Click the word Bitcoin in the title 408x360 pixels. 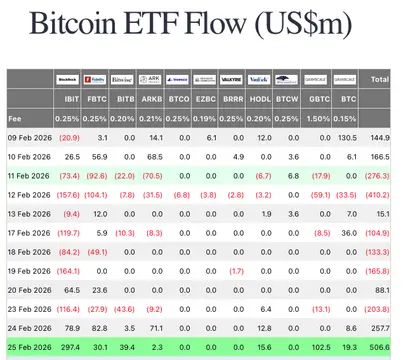79,23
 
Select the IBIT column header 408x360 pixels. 73,100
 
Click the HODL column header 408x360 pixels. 262,100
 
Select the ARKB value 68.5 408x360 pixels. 152,156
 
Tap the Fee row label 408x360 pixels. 15,118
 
